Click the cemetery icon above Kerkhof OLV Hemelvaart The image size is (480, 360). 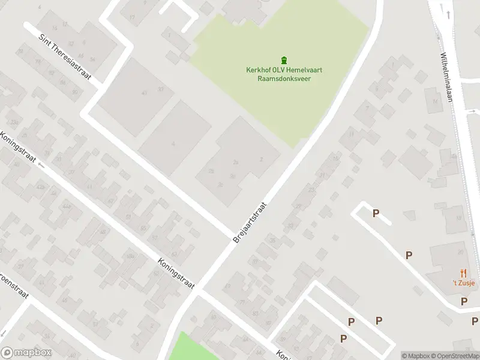click(284, 60)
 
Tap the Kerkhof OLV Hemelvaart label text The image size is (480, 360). click(284, 70)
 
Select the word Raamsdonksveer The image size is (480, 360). click(284, 79)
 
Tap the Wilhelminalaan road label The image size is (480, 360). click(448, 78)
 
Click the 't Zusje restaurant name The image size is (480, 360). click(463, 283)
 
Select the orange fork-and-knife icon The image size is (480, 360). click(463, 274)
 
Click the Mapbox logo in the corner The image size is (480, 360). click(25, 353)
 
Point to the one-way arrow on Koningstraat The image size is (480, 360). click(41, 163)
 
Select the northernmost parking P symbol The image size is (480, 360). click(376, 214)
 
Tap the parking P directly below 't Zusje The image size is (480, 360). click(464, 301)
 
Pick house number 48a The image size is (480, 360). click(130, 256)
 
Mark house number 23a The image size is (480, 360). click(14, 122)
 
